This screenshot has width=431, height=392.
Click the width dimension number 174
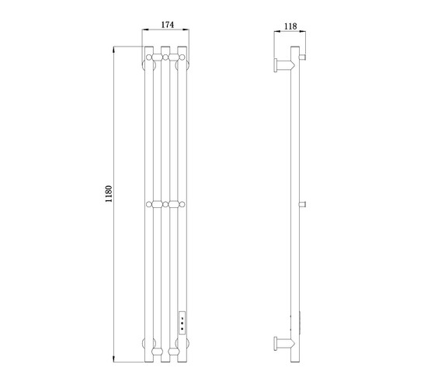click(x=168, y=25)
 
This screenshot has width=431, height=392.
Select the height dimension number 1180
click(x=109, y=194)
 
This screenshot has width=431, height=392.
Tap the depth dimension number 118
click(x=290, y=26)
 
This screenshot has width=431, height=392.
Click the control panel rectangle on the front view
click(x=182, y=322)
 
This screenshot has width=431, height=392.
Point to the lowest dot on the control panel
click(x=182, y=329)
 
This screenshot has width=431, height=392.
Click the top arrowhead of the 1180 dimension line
click(x=114, y=50)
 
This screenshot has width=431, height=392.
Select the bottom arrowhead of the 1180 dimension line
click(x=114, y=359)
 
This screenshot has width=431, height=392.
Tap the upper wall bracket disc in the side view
click(x=276, y=65)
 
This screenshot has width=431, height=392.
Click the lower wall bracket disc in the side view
click(x=276, y=344)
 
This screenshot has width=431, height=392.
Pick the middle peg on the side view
click(x=302, y=204)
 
